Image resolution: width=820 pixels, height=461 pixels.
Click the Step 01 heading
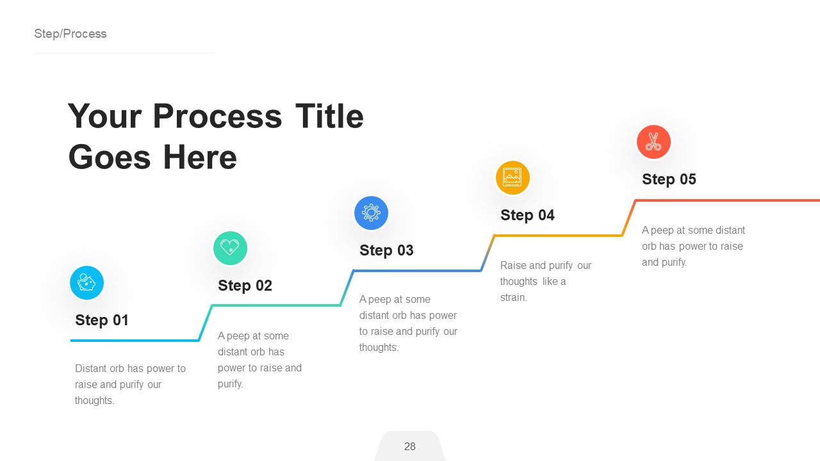point(102,320)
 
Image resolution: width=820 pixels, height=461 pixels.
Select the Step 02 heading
point(245,286)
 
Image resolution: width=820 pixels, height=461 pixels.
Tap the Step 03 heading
point(386,250)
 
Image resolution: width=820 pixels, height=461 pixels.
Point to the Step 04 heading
point(527,215)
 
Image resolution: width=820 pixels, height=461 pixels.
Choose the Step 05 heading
point(669,179)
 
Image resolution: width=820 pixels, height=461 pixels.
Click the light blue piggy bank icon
point(86,283)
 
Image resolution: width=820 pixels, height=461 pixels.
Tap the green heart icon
point(230,248)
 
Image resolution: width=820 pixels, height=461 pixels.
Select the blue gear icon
point(372,213)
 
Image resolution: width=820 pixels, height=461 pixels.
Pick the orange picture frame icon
point(512,177)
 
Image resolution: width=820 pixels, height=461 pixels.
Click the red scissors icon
point(653,142)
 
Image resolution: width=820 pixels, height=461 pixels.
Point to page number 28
point(410,447)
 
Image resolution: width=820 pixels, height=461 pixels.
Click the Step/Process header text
point(70,34)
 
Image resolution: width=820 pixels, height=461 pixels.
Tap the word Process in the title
point(217,117)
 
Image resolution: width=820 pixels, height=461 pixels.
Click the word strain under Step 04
point(514,298)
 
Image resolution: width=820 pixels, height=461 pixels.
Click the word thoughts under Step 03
point(379,348)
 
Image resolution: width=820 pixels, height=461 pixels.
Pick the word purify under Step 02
point(230,384)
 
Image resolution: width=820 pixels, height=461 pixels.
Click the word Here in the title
point(200,157)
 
